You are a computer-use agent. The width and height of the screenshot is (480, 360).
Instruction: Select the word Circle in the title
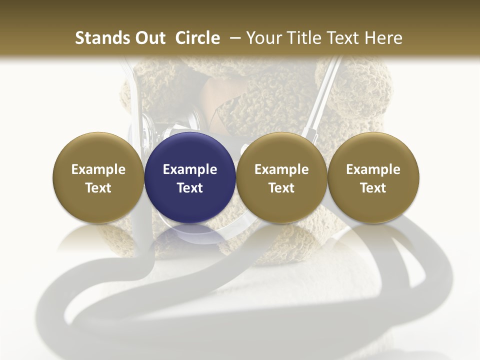197,38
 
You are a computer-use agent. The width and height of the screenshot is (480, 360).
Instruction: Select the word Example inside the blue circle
190,169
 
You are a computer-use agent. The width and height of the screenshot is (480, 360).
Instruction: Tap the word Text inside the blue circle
190,188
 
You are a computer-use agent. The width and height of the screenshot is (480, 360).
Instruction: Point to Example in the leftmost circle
98,169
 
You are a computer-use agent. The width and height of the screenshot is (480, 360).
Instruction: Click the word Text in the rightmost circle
373,188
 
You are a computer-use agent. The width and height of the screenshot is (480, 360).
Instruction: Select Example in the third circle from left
281,169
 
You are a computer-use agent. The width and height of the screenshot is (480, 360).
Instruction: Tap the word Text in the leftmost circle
98,188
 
